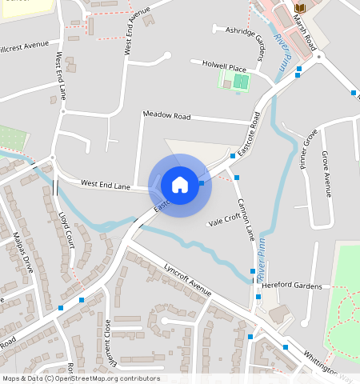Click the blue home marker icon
[180, 185]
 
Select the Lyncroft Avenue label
[187, 278]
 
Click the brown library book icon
[300, 8]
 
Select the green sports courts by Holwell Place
[234, 80]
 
